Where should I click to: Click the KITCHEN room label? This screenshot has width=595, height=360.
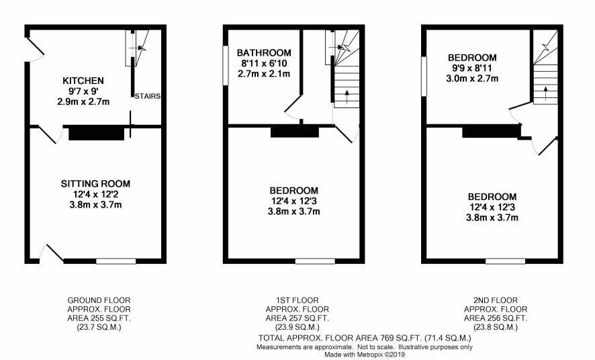click(83, 81)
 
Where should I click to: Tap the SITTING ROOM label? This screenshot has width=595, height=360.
click(95, 184)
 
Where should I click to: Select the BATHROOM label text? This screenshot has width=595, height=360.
click(264, 53)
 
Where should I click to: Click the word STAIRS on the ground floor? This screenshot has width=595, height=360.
click(148, 96)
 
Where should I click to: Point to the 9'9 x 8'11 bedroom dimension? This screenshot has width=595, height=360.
click(472, 69)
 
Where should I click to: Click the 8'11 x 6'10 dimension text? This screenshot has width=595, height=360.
click(264, 63)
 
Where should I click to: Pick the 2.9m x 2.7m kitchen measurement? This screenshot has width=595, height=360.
click(83, 101)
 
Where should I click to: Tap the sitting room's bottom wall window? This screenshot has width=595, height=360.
click(116, 261)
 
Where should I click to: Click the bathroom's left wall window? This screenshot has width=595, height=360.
click(226, 65)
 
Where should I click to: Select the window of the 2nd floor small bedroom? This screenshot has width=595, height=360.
click(424, 77)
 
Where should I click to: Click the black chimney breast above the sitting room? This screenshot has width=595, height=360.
click(97, 134)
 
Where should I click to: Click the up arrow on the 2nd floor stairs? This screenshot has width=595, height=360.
click(546, 93)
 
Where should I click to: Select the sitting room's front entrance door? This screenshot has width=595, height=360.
click(51, 254)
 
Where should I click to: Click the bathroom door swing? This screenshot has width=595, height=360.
click(293, 107)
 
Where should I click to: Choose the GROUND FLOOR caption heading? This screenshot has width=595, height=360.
click(99, 300)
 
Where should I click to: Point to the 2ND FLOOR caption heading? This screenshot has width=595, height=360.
click(495, 300)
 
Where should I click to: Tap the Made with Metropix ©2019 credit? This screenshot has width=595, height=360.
click(364, 355)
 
